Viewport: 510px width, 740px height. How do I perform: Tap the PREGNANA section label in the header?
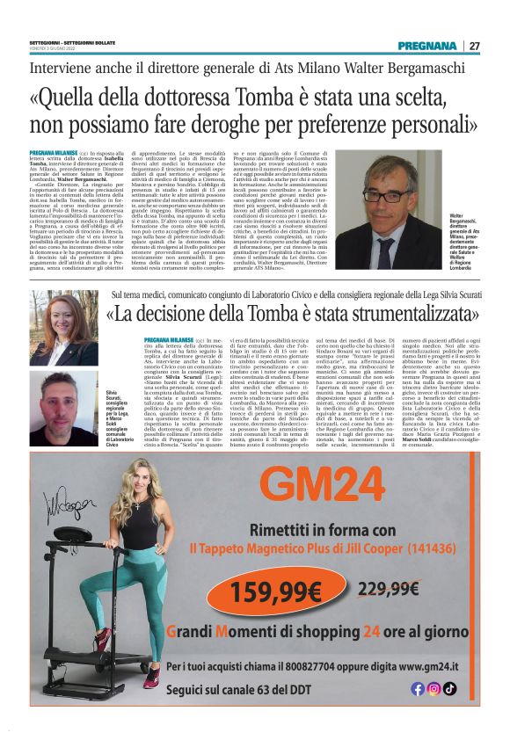427,46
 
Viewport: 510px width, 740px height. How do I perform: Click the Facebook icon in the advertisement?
418,688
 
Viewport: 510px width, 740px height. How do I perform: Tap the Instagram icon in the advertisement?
433,688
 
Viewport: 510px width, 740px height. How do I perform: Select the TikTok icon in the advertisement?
449,688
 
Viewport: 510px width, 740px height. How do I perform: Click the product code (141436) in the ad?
416,548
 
